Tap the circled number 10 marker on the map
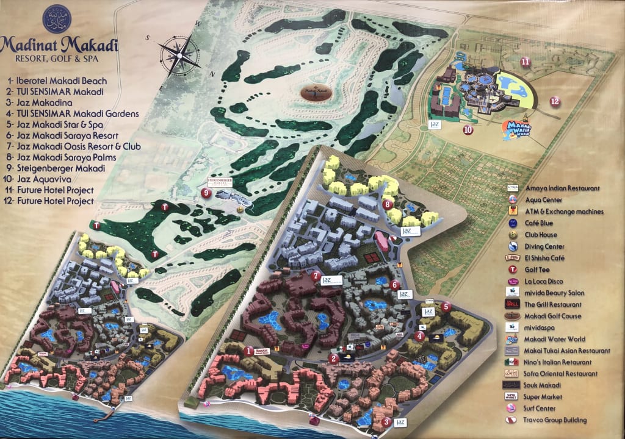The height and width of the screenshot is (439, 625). [x=468, y=129]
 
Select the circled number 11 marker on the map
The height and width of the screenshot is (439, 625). [x=525, y=61]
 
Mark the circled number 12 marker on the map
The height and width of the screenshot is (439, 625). [x=554, y=101]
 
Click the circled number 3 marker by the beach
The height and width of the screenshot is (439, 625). [x=386, y=421]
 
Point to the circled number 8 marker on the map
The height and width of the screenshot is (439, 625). [x=387, y=204]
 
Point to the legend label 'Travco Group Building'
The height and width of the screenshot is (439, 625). [x=555, y=420]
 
